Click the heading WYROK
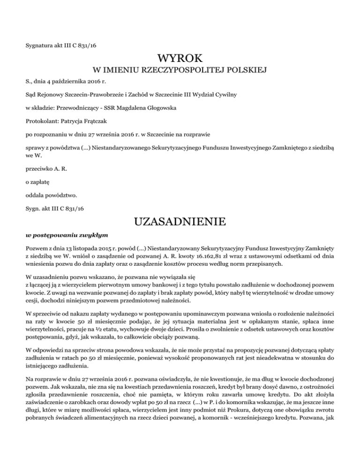180,59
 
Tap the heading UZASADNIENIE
180,221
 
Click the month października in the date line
70,83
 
